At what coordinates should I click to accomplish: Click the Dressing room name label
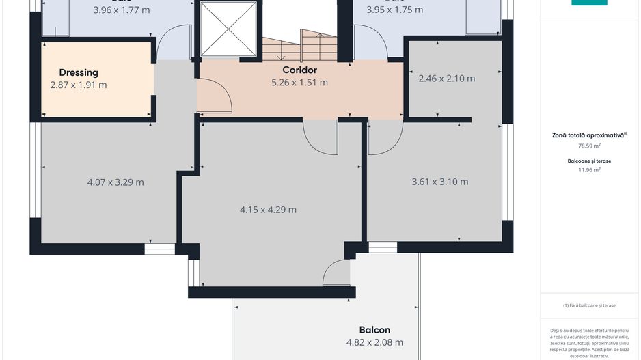(79, 72)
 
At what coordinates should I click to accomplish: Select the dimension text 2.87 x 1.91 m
(79, 85)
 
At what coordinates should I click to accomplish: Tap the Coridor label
(299, 70)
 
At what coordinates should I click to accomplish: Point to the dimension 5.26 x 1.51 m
(299, 83)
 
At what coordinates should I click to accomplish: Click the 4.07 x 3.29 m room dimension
(115, 182)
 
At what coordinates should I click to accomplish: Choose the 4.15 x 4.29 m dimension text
(268, 210)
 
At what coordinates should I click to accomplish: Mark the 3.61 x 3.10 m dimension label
(440, 182)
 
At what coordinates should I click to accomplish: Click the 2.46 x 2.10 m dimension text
(446, 79)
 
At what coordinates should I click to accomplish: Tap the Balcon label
(374, 329)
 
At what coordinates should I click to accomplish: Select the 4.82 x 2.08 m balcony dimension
(374, 342)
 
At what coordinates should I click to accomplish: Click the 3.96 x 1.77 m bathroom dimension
(121, 10)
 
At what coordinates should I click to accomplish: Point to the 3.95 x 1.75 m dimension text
(394, 10)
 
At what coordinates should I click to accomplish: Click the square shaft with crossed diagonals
(227, 29)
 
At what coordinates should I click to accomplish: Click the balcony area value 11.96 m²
(589, 170)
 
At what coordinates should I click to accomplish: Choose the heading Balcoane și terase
(589, 161)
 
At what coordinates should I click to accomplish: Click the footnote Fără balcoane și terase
(589, 305)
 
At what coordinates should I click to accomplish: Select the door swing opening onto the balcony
(336, 273)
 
